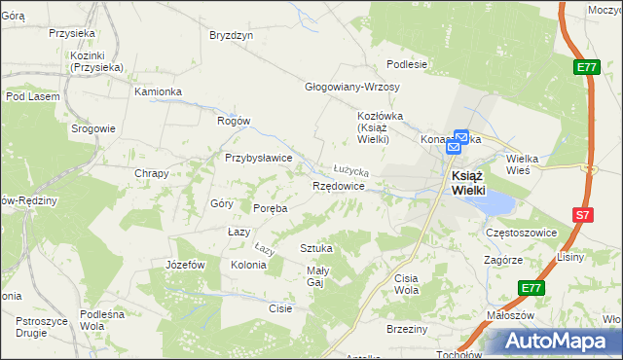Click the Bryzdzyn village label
pyautogui.click(x=232, y=35)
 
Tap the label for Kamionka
pyautogui.click(x=159, y=91)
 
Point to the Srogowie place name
pyautogui.click(x=93, y=128)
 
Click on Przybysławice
pyautogui.click(x=259, y=158)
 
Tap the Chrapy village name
pyautogui.click(x=152, y=174)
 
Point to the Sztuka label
pyautogui.click(x=316, y=248)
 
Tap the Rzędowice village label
pyautogui.click(x=338, y=185)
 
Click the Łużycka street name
pyautogui.click(x=350, y=168)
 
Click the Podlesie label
pyautogui.click(x=407, y=65)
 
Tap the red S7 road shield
pyautogui.click(x=581, y=215)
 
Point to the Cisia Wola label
pyautogui.click(x=406, y=284)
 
